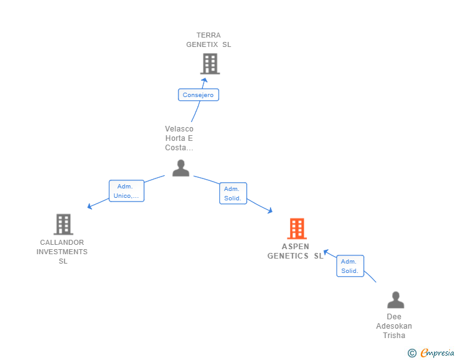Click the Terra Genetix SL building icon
(210, 63)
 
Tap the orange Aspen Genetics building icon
(296, 229)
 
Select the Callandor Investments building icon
(63, 224)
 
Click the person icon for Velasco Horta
(180, 168)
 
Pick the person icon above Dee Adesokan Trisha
(395, 300)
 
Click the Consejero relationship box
(198, 95)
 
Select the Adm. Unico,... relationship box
(127, 191)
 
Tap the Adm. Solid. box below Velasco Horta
(233, 193)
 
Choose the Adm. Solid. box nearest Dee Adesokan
(350, 266)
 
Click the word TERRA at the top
(209, 35)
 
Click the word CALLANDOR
(62, 242)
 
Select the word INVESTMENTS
(62, 252)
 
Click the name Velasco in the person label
(179, 129)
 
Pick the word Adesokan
(394, 326)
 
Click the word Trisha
(394, 336)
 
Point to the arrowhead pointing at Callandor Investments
(90, 206)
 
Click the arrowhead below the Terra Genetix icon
(204, 80)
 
